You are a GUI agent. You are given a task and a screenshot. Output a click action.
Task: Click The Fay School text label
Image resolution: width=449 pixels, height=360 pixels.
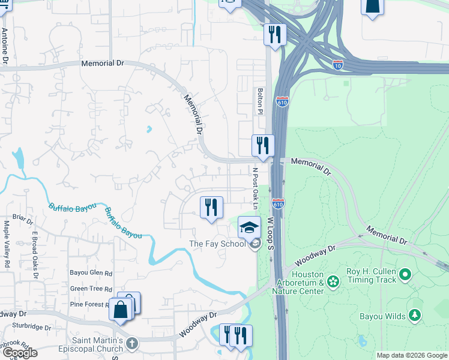click(217, 244)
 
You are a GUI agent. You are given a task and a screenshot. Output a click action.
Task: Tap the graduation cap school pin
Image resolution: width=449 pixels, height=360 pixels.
click(249, 227)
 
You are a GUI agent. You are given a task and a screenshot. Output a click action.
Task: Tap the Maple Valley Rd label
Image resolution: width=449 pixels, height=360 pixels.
click(7, 244)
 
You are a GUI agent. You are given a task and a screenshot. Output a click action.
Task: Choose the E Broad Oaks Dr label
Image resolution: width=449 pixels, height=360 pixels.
click(35, 255)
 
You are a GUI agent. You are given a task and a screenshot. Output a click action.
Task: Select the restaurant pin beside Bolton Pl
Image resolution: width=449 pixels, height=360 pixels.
click(262, 145)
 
